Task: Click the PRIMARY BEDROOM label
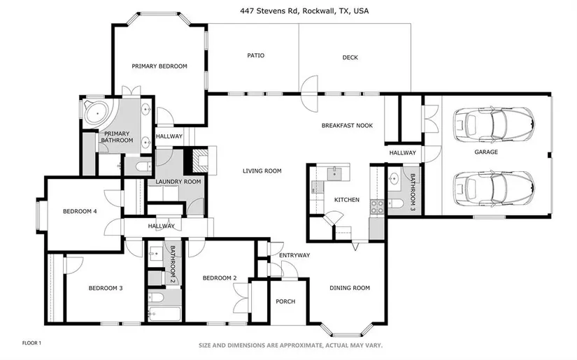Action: [159, 66]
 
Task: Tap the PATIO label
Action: [256, 55]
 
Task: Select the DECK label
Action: [350, 57]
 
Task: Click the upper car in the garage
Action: [494, 124]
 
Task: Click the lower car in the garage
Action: [494, 189]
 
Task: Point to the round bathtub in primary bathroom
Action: [97, 113]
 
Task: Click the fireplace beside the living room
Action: [200, 159]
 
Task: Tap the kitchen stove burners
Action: [377, 207]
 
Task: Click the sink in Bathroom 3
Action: [394, 180]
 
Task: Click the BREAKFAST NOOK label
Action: [347, 125]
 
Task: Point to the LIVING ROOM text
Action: [262, 171]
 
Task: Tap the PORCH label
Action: [285, 301]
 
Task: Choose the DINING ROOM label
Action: [350, 288]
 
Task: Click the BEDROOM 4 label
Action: [80, 211]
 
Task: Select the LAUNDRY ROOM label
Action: [178, 182]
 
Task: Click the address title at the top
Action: [304, 11]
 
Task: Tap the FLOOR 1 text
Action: [31, 343]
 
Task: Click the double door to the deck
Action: [309, 94]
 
